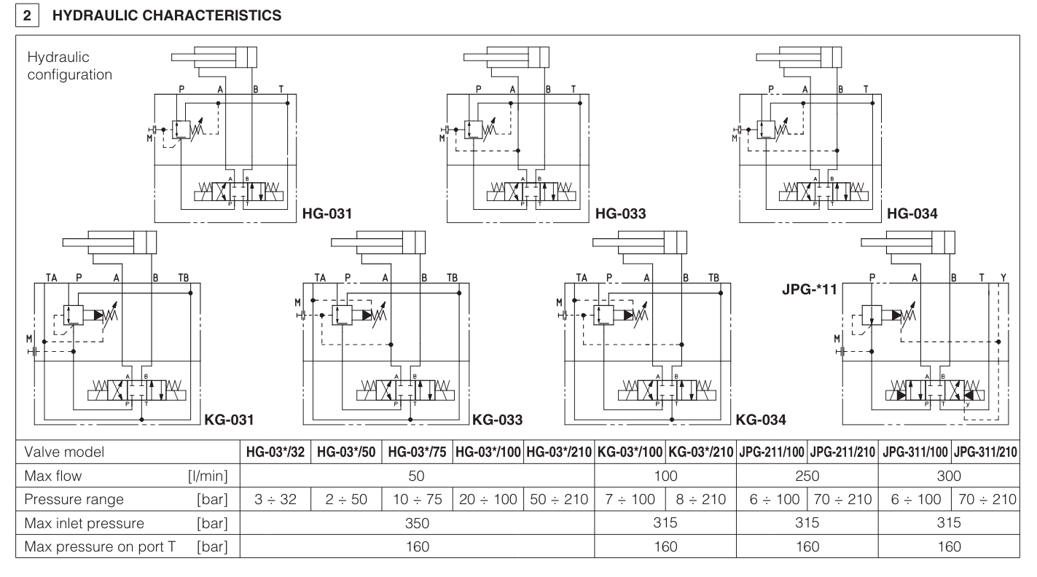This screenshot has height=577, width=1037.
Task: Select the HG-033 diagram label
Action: pyautogui.click(x=619, y=215)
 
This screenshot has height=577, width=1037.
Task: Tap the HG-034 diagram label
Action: pyautogui.click(x=912, y=215)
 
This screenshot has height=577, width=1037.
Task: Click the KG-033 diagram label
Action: pyautogui.click(x=497, y=420)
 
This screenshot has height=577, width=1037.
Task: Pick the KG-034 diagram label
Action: pyautogui.click(x=761, y=420)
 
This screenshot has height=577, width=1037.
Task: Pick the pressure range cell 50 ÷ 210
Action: pyautogui.click(x=559, y=501)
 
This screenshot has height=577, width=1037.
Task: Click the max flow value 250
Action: pyautogui.click(x=808, y=476)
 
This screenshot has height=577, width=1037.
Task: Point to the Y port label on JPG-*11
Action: pyautogui.click(x=1003, y=278)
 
